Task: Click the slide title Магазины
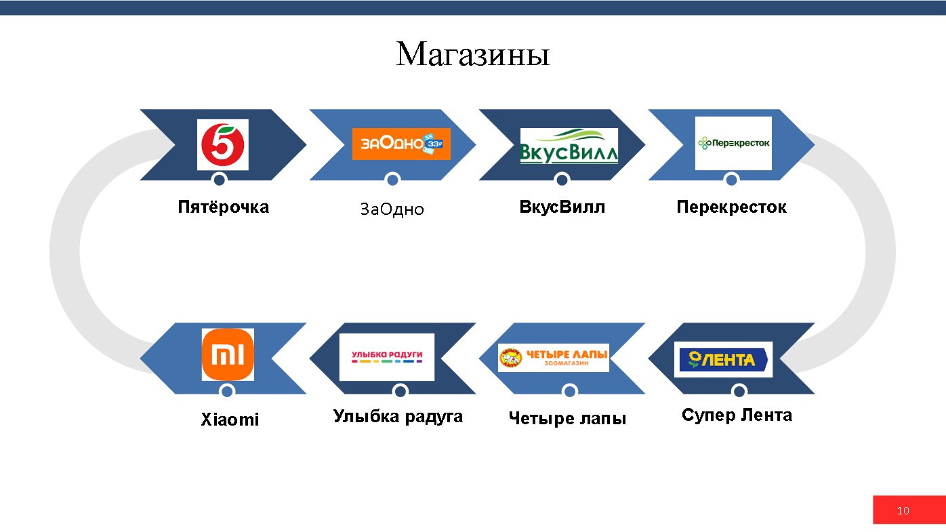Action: click(472, 54)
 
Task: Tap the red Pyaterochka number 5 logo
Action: click(222, 144)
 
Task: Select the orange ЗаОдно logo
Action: click(401, 144)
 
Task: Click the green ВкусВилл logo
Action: click(569, 146)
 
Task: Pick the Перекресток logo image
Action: click(733, 143)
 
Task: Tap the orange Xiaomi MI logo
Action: click(228, 354)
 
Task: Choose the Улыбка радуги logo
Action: click(387, 356)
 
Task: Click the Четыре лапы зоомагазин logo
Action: click(554, 358)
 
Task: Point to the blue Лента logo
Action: click(724, 359)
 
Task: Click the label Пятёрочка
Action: click(223, 207)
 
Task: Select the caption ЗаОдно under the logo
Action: click(392, 209)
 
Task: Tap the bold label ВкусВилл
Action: click(562, 207)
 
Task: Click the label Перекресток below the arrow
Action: click(731, 207)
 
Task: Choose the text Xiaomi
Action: click(230, 420)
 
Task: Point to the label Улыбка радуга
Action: click(398, 416)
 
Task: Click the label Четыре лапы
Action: click(567, 419)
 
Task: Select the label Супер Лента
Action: click(737, 415)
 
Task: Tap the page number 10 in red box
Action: click(903, 510)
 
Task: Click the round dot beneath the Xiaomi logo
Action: click(228, 391)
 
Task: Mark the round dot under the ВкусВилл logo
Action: click(562, 180)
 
